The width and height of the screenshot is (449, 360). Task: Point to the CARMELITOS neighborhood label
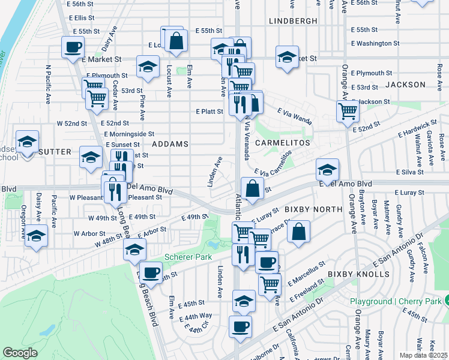coord(282,143)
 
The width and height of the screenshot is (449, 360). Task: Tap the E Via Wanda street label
coord(295,116)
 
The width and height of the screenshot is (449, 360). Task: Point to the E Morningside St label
coord(129,134)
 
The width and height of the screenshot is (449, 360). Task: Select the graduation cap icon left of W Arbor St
coord(36,236)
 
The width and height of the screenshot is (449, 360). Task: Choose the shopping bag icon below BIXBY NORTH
coord(299,231)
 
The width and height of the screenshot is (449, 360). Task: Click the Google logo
coord(20,353)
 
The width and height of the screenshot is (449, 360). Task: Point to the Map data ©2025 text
coord(423,355)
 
